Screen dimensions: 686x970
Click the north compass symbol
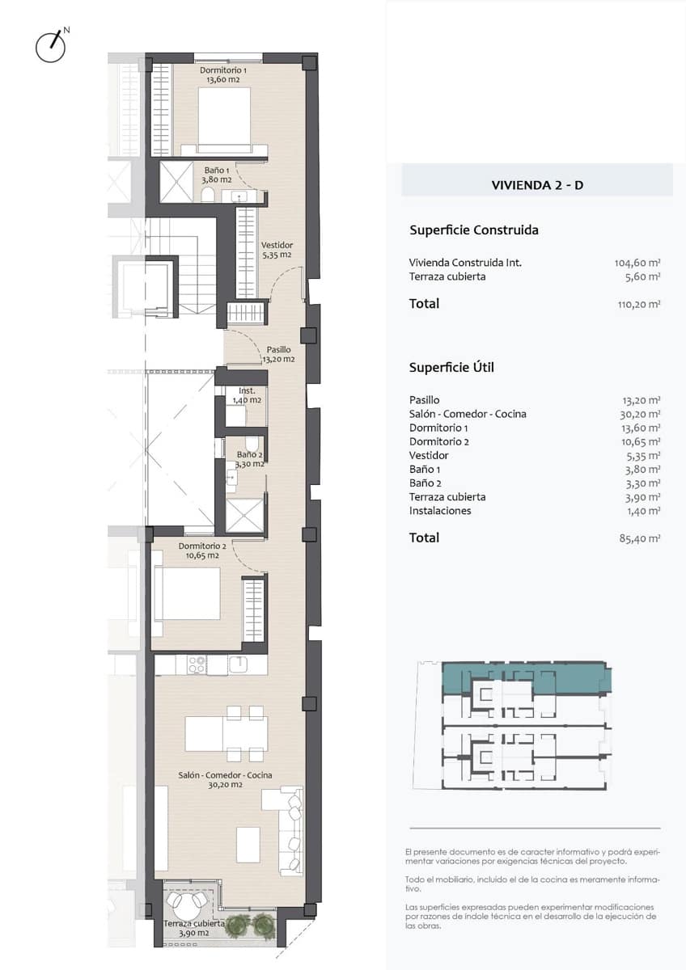pos(51,45)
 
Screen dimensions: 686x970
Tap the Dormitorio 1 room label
pos(223,74)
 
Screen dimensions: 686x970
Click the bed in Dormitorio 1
pos(224,120)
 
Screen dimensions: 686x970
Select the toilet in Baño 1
pos(208,195)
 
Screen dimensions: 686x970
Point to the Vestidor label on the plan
pos(277,250)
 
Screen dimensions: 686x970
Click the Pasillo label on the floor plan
pos(278,354)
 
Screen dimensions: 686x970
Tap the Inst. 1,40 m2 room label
pos(247,395)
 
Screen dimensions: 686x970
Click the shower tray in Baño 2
pos(245,515)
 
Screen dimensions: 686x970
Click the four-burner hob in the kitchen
pos(197,664)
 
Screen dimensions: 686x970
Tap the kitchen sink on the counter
pos(239,664)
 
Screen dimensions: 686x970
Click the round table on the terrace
pos(189,900)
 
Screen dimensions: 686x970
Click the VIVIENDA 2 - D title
pos(537,185)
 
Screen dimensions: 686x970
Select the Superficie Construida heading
pos(474,230)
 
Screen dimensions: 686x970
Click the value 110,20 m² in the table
pos(639,304)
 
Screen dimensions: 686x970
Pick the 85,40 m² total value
pos(640,538)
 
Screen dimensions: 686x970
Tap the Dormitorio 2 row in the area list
pos(535,441)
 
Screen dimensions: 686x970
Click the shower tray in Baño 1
pos(176,182)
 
